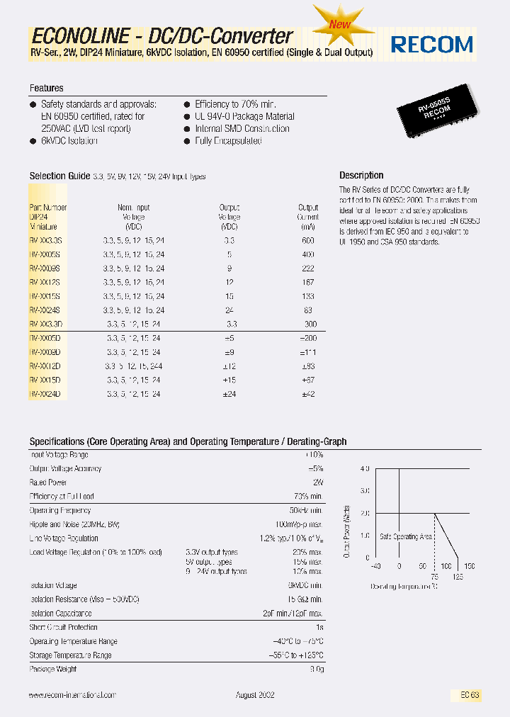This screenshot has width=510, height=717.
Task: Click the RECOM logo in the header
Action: point(432,44)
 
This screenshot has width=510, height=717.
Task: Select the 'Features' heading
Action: point(46,89)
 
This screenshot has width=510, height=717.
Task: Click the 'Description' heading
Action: point(361,175)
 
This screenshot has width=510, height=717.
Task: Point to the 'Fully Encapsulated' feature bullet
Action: point(228,141)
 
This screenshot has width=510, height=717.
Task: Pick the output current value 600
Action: point(307,241)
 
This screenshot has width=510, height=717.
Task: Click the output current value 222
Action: point(307,269)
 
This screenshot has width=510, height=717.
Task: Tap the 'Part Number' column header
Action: point(48,208)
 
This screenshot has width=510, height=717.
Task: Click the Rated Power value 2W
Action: point(317,482)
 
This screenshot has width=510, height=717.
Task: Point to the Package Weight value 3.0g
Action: point(316,669)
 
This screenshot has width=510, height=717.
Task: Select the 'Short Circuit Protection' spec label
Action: point(63,628)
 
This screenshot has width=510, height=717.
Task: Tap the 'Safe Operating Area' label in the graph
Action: point(406,537)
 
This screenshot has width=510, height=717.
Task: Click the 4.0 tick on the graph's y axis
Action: point(365,469)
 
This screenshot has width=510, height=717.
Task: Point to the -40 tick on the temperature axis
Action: point(375,566)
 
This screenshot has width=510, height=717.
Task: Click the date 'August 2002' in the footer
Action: point(255,696)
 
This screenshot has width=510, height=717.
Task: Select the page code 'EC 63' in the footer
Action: point(469,696)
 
